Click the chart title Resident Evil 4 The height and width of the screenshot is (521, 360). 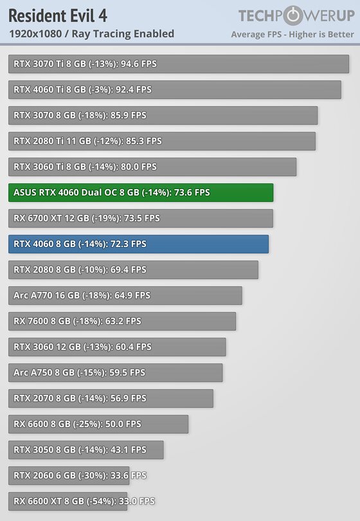(58, 16)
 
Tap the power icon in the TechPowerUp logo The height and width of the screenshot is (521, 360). (292, 15)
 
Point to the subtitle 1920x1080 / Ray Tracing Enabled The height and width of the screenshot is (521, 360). (92, 34)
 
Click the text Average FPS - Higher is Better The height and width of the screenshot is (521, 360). (292, 35)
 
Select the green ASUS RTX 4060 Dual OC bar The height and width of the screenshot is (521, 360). (141, 192)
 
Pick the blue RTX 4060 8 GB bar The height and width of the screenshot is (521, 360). (138, 244)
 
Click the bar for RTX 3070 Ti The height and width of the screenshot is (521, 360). (179, 64)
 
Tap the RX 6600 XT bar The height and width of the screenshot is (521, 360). (67, 501)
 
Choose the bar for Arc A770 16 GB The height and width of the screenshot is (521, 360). (125, 295)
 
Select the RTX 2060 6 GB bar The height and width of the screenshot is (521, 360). (69, 475)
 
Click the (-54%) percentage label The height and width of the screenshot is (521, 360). (101, 501)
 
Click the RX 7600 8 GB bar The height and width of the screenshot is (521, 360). (122, 321)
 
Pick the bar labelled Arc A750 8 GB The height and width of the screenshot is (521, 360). (116, 372)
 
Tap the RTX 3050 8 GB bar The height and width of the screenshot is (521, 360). (86, 450)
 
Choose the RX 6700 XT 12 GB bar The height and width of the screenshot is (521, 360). (141, 218)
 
